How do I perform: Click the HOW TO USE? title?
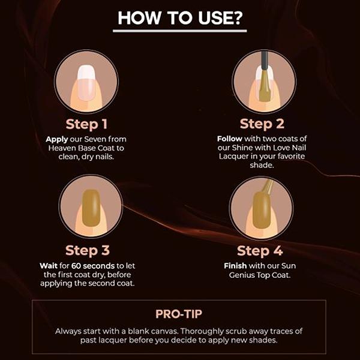pos(180,18)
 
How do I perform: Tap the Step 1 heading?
pos(86,124)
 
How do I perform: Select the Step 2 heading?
pos(262,124)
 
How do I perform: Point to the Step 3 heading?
pos(88,250)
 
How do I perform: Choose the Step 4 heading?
pos(260,251)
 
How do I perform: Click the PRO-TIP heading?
pos(179,314)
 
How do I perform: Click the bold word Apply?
pos(57,140)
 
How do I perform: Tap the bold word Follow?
pos(230,139)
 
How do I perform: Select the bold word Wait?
pos(49,266)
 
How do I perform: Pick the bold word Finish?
pos(235,266)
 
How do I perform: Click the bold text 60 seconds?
pos(93,266)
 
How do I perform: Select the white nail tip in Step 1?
pos(86,72)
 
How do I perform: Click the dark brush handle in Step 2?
pos(265,61)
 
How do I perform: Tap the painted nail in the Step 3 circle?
pos(91,208)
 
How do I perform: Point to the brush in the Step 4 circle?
pos(268,187)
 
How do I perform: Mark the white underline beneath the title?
pos(180,31)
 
